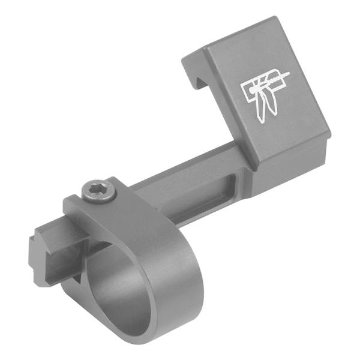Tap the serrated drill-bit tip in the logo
click(279, 76)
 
